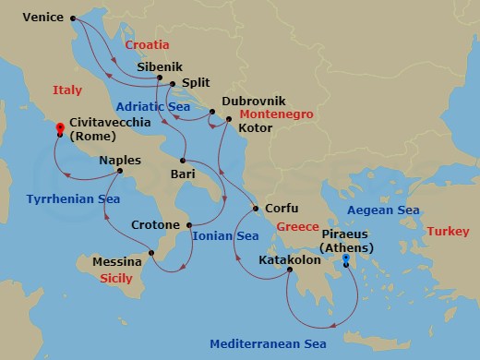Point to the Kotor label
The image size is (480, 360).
(255, 128)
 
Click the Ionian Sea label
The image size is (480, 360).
(225, 236)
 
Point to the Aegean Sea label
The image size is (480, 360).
(382, 210)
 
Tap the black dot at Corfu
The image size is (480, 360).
(255, 209)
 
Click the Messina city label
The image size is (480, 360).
(117, 262)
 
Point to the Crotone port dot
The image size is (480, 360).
(189, 225)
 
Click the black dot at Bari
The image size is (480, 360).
(184, 161)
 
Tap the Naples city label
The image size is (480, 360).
(120, 159)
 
